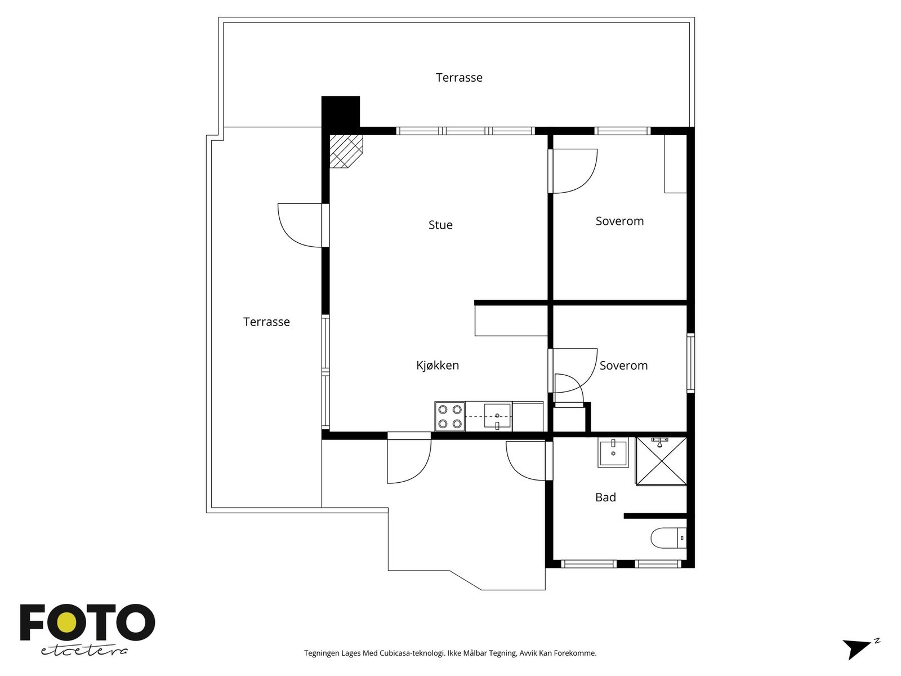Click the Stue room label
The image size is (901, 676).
point(440,225)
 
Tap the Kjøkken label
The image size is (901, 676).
point(438,365)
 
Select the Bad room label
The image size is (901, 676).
point(605,497)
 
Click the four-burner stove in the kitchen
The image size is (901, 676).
point(450,416)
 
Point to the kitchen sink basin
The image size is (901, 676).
point(497,416)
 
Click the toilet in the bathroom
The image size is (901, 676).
point(668,537)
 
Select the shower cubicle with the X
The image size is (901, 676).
point(661,461)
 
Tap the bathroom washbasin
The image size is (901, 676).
point(613,453)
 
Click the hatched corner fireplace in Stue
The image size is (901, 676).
point(346,151)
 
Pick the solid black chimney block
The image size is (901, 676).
point(341,112)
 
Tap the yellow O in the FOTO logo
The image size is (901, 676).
point(66,623)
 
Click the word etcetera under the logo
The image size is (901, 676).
point(84,651)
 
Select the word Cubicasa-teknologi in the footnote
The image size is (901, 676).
point(412,653)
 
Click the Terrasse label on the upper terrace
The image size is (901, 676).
point(459,78)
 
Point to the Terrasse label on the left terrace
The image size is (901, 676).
point(266,322)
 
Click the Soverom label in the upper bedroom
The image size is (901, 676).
point(619,221)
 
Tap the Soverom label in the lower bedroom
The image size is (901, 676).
point(623,366)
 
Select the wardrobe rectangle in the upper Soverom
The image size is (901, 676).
point(676,164)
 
